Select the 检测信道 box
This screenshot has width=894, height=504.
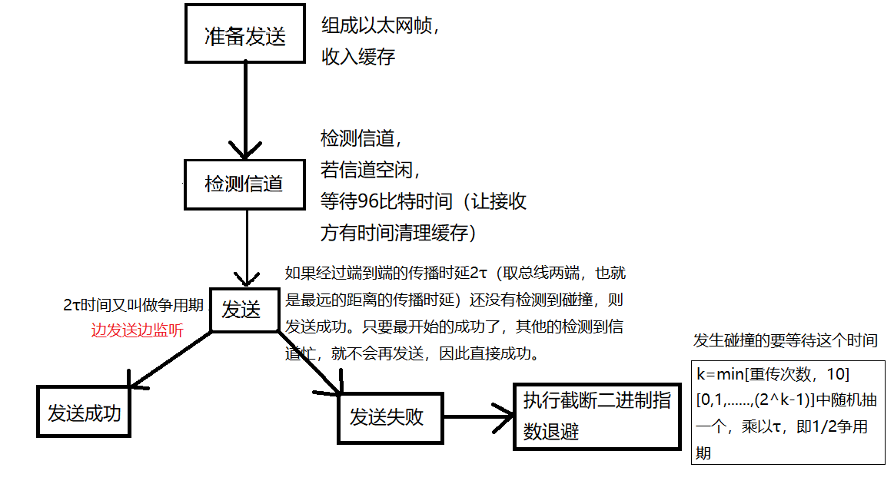pos(244,184)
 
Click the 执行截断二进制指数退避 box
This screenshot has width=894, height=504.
pos(597,416)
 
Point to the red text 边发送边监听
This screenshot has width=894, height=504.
pos(138,331)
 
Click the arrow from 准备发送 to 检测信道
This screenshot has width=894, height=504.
pos(245,108)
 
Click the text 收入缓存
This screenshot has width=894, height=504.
pos(358,56)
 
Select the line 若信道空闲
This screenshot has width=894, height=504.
pos(369,170)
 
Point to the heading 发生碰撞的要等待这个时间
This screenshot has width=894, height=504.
pos(785,340)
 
